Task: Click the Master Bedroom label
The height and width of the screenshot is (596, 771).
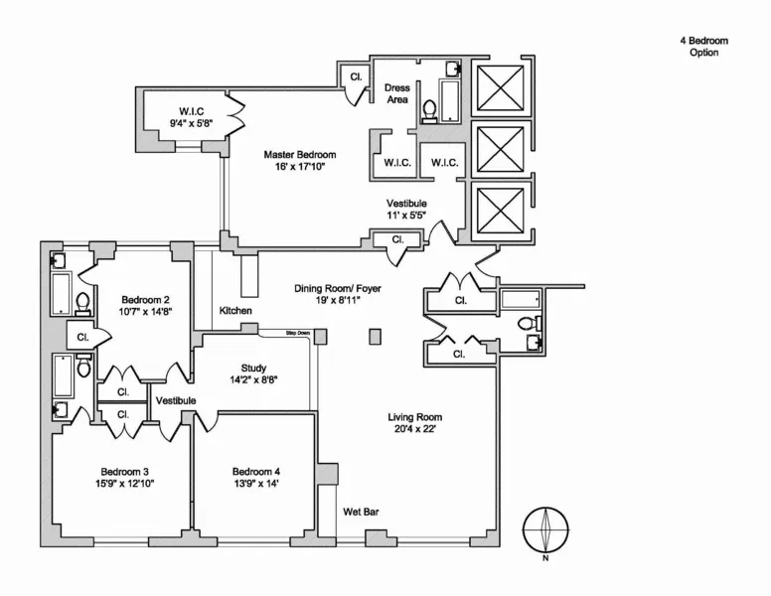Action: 299,155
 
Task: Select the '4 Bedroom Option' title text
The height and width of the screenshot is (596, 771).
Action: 703,47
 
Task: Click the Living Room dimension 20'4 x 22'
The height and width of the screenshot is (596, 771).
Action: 414,430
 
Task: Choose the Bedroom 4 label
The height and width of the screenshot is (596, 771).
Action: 256,471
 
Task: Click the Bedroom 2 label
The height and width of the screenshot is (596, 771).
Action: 146,300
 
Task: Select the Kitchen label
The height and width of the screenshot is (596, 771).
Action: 235,312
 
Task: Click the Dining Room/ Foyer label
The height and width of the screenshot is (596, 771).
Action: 337,289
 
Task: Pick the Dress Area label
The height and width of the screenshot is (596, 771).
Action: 396,93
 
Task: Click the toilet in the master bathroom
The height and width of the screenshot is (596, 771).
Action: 430,109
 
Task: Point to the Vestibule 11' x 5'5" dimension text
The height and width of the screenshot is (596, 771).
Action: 407,215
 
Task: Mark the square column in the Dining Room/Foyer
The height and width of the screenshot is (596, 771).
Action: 375,337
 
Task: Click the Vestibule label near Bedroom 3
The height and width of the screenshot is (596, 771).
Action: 175,400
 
